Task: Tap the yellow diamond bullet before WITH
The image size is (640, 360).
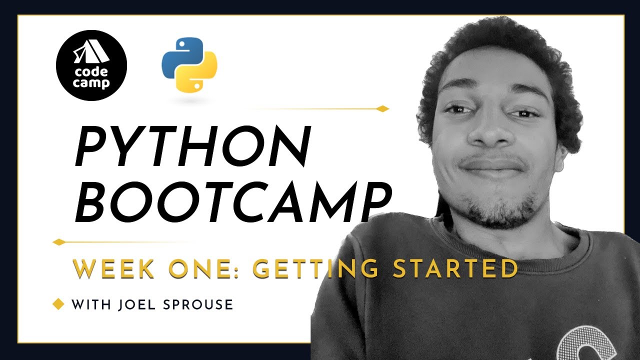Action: [x=58, y=304]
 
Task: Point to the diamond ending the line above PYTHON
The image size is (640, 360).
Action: [x=382, y=108]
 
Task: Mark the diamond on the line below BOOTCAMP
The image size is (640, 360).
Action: [x=59, y=242]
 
